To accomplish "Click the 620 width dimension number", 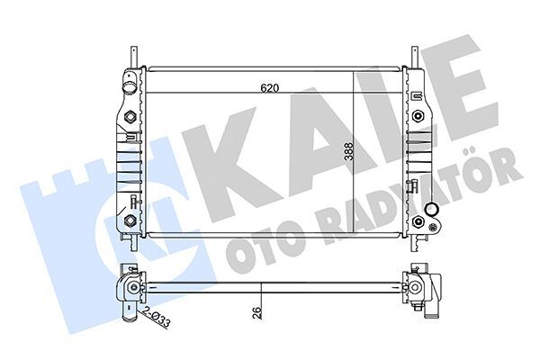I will click(268, 88).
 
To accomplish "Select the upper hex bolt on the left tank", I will click(130, 117).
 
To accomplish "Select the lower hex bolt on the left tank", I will click(130, 220).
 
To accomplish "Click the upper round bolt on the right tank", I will click(419, 117).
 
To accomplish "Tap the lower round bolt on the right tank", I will click(419, 221).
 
